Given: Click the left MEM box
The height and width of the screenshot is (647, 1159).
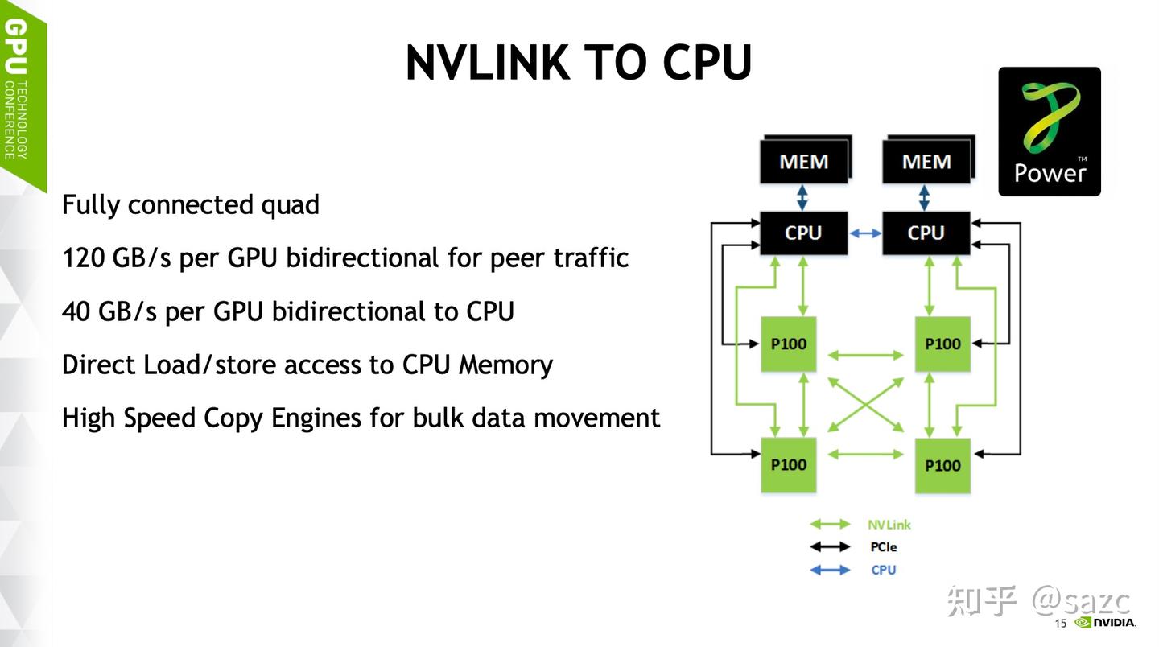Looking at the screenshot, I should [803, 162].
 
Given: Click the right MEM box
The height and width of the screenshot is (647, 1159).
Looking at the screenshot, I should [926, 162].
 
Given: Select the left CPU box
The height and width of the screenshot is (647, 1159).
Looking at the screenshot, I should [803, 233].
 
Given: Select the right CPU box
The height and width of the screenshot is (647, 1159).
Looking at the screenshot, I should [926, 233].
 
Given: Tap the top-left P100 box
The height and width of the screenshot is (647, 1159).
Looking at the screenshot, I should [789, 344].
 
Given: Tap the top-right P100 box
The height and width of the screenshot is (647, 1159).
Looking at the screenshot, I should [942, 344].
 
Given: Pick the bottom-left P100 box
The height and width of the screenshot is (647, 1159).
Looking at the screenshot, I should [789, 465].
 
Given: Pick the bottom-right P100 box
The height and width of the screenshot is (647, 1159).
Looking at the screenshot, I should [942, 465].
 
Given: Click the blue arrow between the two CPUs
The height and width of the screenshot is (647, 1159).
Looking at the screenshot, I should [865, 233].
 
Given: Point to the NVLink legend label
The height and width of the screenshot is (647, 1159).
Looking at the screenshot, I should [889, 525].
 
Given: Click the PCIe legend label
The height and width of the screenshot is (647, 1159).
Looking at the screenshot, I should [883, 547].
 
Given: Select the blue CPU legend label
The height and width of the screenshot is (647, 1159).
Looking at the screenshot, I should [883, 570].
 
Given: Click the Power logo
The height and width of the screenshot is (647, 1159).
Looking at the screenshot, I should [1050, 131].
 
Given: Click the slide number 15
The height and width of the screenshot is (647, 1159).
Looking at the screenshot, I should [1060, 624].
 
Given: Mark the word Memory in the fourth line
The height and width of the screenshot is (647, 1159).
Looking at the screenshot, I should [505, 365].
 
